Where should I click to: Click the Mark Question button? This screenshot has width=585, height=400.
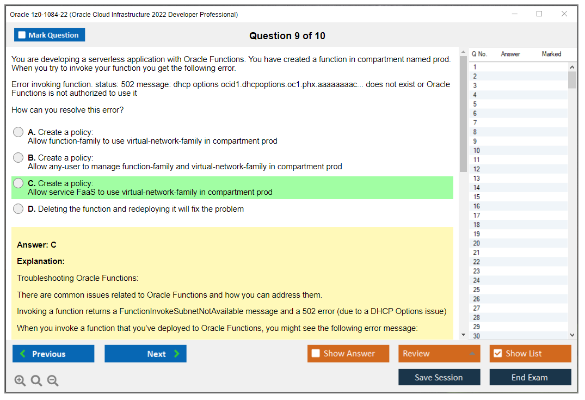pyautogui.click(x=50, y=35)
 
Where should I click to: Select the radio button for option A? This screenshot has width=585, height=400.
pyautogui.click(x=19, y=132)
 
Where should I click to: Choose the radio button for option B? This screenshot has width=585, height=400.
pyautogui.click(x=19, y=158)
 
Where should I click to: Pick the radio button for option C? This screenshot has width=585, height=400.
pyautogui.click(x=19, y=183)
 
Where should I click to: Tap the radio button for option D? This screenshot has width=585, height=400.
pyautogui.click(x=19, y=209)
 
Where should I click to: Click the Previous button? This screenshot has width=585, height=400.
pyautogui.click(x=53, y=354)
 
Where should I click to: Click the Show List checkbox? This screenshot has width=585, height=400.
pyautogui.click(x=497, y=354)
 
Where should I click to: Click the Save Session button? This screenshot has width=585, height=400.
pyautogui.click(x=439, y=377)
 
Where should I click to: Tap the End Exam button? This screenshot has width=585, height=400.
pyautogui.click(x=530, y=377)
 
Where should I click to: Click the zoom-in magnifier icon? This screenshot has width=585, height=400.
pyautogui.click(x=20, y=380)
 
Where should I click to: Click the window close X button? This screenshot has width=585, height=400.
pyautogui.click(x=564, y=14)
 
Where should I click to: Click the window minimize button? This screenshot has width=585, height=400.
pyautogui.click(x=514, y=14)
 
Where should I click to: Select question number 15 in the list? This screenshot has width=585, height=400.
pyautogui.click(x=477, y=197)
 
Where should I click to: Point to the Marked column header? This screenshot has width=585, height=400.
pyautogui.click(x=551, y=54)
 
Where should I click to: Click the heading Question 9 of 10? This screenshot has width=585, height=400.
pyautogui.click(x=287, y=36)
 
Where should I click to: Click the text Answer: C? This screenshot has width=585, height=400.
pyautogui.click(x=36, y=245)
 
